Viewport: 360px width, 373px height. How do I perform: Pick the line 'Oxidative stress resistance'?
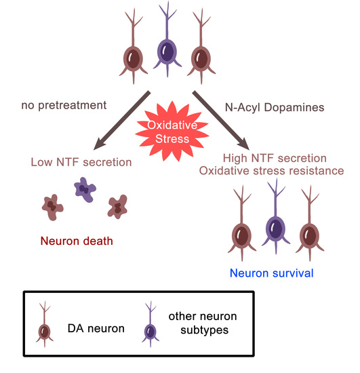pos(281,170)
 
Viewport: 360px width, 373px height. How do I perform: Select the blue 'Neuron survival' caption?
pos(272,274)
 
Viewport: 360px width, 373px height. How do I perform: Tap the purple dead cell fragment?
pos(84,189)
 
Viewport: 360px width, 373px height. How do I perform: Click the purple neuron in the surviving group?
pos(275,227)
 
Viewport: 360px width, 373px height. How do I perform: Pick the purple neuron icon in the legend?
pos(150,329)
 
